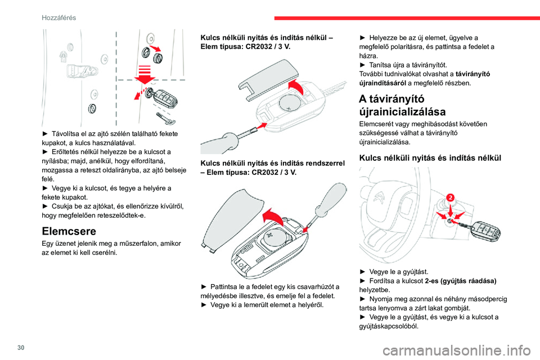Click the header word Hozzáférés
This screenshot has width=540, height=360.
(58, 17)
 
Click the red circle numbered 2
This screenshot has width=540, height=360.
(450, 197)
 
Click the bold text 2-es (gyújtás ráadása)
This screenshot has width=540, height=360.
(461, 280)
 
